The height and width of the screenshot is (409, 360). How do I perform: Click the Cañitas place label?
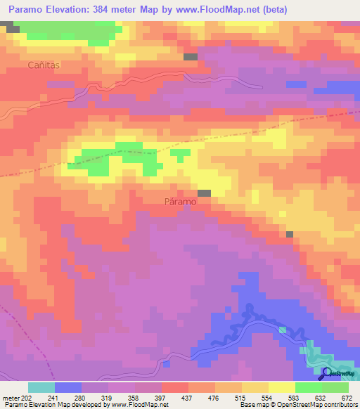45,65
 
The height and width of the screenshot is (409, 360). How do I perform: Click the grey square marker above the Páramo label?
204,193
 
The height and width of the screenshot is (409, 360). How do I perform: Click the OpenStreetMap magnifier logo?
326,373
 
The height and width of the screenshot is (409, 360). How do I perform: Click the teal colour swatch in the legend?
41,387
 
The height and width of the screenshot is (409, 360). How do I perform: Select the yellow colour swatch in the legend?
281,387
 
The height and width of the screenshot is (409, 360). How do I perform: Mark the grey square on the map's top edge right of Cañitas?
191,56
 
